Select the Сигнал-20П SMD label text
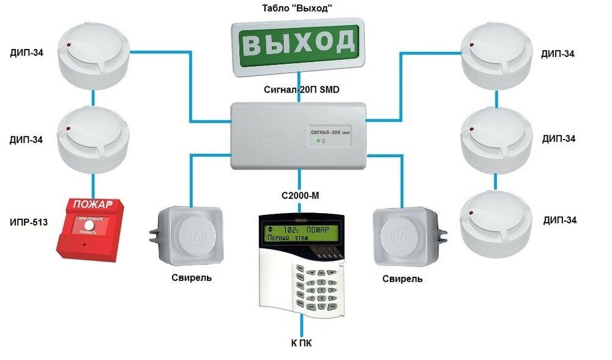click(x=298, y=89)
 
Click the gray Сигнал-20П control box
click(x=297, y=136)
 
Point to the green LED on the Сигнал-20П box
click(x=318, y=141)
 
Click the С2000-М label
click(x=300, y=196)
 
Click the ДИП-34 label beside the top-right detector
click(x=558, y=53)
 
